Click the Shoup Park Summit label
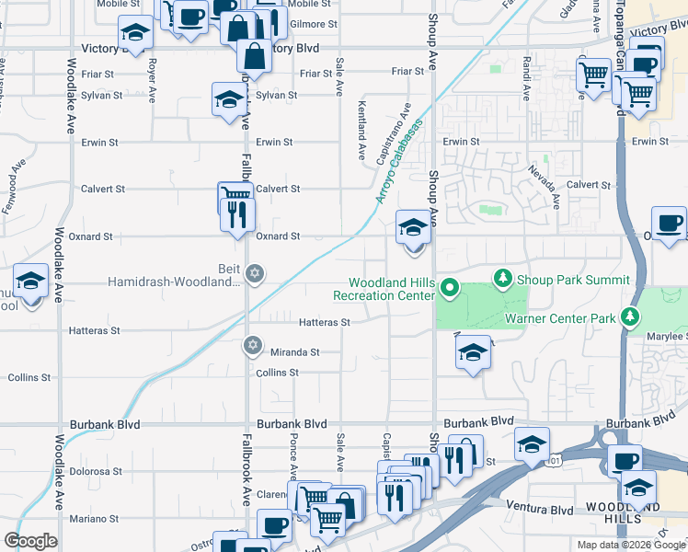573,280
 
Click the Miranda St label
294,352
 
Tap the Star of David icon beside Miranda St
252,346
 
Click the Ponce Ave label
293,456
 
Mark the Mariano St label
94,519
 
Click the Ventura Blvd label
540,509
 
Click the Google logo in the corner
30,541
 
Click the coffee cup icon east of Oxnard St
669,223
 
